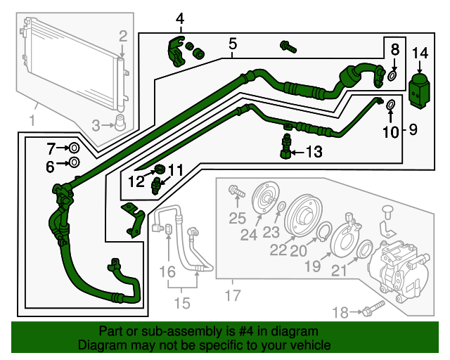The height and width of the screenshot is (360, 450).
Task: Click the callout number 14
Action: tap(420, 53)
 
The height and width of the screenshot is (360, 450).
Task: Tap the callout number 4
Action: tap(180, 18)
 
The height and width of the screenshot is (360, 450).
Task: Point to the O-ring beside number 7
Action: tap(73, 148)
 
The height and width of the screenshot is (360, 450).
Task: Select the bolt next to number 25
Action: tap(234, 191)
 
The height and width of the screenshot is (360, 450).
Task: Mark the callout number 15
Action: tap(182, 304)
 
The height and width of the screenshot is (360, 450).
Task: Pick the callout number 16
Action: tap(167, 271)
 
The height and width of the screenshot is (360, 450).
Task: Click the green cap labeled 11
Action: tap(160, 169)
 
